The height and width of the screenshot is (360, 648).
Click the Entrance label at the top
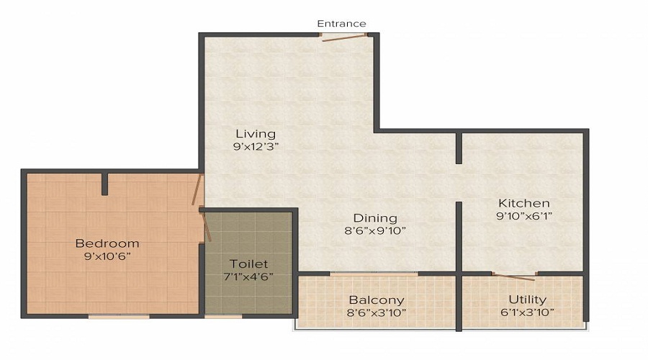pos(341,24)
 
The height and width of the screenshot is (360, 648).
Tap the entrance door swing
pos(344,37)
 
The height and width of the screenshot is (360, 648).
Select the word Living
pos(256,134)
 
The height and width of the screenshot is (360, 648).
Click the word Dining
pos(374,218)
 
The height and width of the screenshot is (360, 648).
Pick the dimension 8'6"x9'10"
pos(374,231)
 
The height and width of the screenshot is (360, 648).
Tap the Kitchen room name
pos(524,203)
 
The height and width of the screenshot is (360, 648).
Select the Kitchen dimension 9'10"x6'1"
pos(524,215)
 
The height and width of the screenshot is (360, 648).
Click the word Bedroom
pos(107,243)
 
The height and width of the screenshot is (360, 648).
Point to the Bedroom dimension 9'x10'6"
pos(107,256)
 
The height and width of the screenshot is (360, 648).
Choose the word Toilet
pos(248,264)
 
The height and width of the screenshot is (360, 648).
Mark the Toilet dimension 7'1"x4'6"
pos(248,276)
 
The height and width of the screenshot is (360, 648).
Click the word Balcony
pos(377,300)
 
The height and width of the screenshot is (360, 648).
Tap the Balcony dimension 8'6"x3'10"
pos(377,312)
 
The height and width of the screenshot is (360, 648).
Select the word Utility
pos(527,300)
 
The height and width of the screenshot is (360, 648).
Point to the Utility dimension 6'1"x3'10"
pos(527,312)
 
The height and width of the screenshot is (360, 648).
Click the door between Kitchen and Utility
pos(514,276)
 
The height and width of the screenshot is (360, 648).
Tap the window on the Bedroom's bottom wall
pos(119,316)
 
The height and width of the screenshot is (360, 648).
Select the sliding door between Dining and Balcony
pos(374,274)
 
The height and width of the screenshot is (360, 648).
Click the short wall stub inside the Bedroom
pos(105,184)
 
